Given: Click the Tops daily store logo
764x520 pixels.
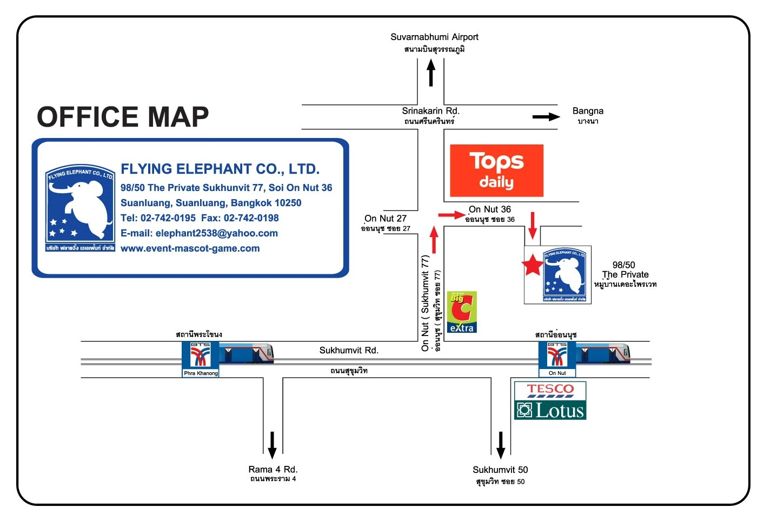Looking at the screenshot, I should tap(496, 170).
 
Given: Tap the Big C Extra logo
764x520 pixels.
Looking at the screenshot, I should tap(461, 312).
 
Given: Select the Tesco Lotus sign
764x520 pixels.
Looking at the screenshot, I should tap(550, 401).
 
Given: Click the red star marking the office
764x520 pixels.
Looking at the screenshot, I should tap(533, 265).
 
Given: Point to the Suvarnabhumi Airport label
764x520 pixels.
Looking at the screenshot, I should tap(434, 37).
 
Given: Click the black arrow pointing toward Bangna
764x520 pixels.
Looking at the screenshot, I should tap(546, 117).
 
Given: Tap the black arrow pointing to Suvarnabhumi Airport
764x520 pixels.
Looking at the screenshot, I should tap(431, 73).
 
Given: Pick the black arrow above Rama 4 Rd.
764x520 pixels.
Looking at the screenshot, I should tap(272, 445).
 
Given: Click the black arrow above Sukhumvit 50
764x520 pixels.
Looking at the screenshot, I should tap(501, 445).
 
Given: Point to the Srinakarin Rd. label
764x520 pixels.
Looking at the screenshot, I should tap(430, 111).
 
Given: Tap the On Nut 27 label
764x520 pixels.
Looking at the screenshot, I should tap(386, 219).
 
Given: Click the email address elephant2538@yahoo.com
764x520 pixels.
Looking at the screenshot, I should tap(216, 233).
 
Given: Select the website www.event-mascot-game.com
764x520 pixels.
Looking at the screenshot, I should tap(190, 248).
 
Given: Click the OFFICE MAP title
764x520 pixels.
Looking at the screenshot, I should tap(123, 117).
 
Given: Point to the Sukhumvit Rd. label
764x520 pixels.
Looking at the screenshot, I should tap(349, 351).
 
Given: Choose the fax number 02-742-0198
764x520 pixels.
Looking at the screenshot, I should tap(251, 218).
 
